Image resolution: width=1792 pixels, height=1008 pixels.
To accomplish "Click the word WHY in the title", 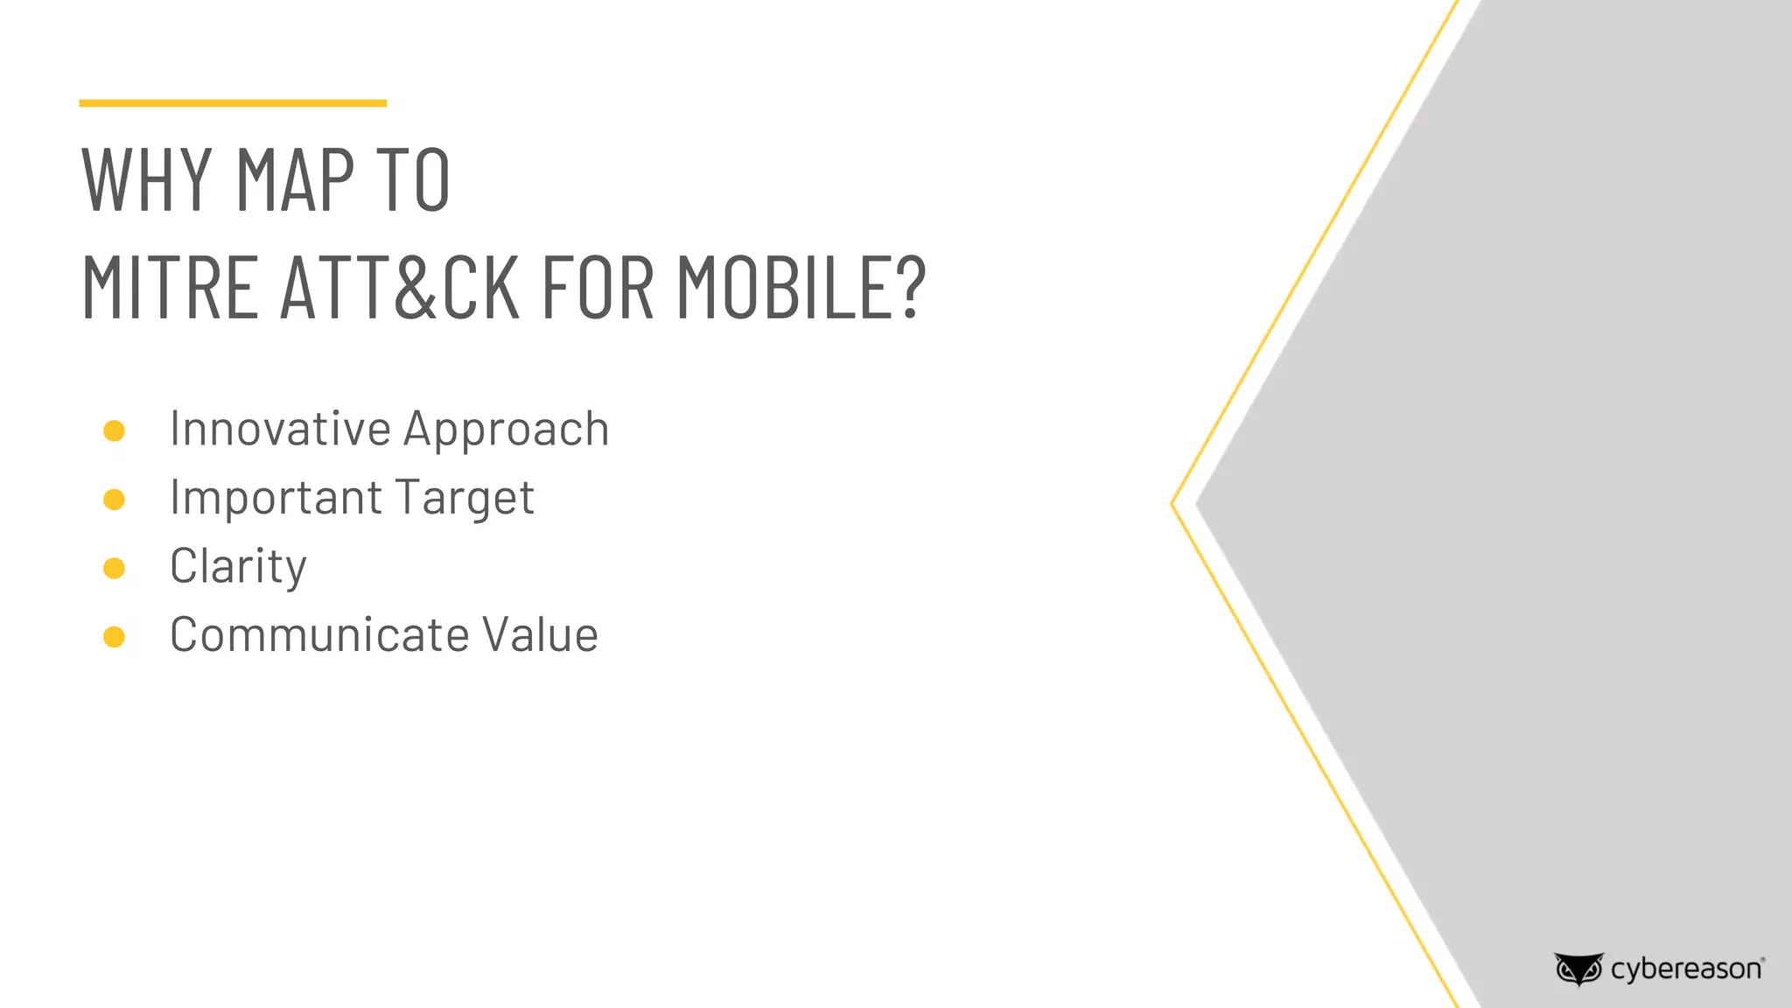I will point(146,179).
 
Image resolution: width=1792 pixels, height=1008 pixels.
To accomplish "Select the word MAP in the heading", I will point(295,179).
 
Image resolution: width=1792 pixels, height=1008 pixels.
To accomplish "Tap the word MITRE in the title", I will point(170,287).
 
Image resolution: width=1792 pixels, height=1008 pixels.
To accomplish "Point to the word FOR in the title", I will point(598,287).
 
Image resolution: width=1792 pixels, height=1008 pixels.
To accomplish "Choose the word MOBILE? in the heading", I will point(801,287).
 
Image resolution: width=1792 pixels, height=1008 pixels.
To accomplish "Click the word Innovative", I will point(280,429).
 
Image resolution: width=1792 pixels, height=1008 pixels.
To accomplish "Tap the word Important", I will point(276,498).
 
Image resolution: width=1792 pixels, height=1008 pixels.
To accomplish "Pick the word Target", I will point(465,499).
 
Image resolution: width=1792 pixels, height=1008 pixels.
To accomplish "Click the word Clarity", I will point(238,567).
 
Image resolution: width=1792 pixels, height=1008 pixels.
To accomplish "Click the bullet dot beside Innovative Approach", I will point(114,430).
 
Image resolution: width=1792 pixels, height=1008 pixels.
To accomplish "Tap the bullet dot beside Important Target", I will point(114,500).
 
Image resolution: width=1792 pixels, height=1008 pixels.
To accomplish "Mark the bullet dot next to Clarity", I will point(114,568).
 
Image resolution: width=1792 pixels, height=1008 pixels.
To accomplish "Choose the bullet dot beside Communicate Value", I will point(114,636).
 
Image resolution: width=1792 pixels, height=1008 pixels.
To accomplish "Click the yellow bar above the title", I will point(233,103).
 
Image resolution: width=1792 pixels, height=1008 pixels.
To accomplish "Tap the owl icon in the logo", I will point(1578,969).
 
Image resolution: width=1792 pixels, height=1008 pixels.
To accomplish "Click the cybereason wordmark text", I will point(1686,969).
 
